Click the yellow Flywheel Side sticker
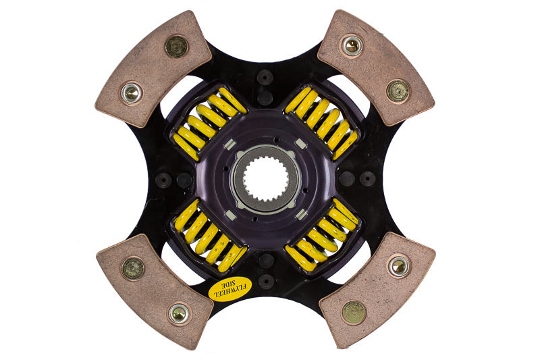click(x=227, y=288)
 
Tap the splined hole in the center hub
click(x=265, y=180)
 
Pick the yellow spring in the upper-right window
click(x=322, y=121)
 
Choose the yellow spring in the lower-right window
click(x=322, y=236)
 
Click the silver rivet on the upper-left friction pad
click(x=132, y=93)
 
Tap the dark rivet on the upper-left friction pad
click(x=176, y=46)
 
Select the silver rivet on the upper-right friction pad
click(x=352, y=46)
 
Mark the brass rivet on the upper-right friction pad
click(x=398, y=91)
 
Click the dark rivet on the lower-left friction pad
click(x=133, y=268)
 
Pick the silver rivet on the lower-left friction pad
click(x=179, y=313)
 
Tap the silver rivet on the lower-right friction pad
click(x=399, y=266)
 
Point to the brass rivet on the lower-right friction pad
click(x=354, y=313)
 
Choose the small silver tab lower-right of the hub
click(x=301, y=214)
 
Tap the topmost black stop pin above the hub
click(x=265, y=77)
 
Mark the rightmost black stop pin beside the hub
click(x=367, y=179)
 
